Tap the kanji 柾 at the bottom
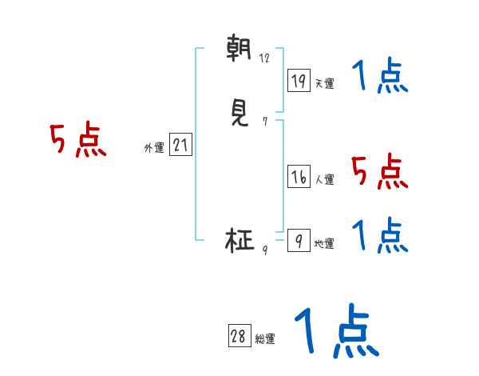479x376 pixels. [240, 240]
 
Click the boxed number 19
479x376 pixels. [299, 81]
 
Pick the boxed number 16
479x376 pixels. [299, 178]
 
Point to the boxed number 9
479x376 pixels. [299, 241]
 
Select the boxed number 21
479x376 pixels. [180, 146]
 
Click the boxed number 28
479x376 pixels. [238, 337]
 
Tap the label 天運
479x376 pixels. [324, 83]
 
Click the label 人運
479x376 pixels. [324, 180]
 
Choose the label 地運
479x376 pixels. [324, 243]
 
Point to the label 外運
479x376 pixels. [154, 148]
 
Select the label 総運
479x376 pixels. [265, 339]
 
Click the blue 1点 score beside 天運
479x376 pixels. [379, 77]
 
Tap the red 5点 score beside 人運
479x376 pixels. [379, 171]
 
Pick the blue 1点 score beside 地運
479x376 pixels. [379, 235]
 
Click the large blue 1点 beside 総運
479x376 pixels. [336, 330]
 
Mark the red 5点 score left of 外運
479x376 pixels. [78, 140]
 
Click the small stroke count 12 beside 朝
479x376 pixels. [264, 58]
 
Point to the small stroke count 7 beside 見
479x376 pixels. [264, 122]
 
